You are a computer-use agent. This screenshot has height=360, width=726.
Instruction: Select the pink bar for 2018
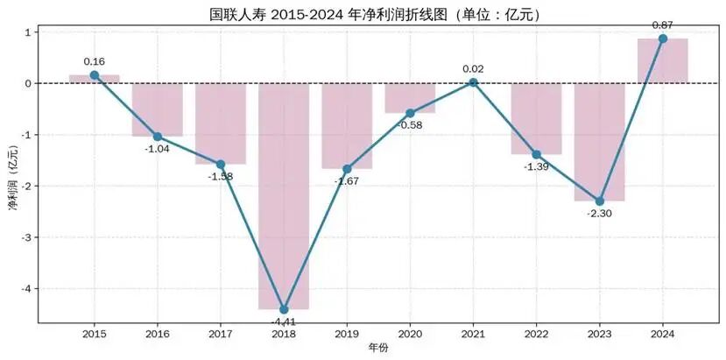(284, 196)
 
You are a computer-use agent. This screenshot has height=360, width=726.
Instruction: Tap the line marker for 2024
(663, 39)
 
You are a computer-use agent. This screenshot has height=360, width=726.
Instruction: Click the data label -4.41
(284, 321)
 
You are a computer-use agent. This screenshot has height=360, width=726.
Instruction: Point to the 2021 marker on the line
(473, 82)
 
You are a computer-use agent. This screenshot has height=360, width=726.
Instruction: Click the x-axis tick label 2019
(347, 334)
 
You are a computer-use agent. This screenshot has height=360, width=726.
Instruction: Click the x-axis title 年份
(378, 348)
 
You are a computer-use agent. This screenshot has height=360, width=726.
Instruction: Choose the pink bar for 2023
(600, 142)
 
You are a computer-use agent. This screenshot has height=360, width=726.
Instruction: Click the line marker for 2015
(95, 75)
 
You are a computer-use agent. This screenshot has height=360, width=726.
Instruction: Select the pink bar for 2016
(158, 109)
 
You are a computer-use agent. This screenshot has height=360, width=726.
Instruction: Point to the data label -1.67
(347, 181)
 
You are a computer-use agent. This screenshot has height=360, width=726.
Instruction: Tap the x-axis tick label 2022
(536, 334)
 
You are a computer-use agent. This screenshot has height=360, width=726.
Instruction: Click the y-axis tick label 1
(28, 32)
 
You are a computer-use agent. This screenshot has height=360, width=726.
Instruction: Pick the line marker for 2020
(410, 113)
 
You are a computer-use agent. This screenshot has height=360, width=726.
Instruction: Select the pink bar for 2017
(221, 124)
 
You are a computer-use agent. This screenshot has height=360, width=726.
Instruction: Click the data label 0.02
(473, 69)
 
